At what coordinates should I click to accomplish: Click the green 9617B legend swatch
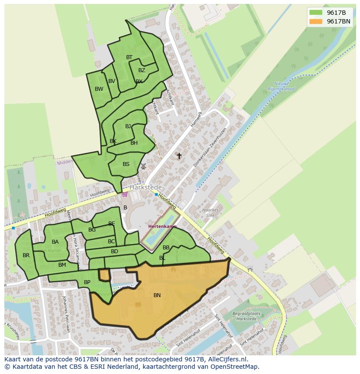coord(316,13)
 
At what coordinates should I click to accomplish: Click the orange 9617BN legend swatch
coord(316,21)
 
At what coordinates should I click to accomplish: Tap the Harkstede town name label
coord(146,187)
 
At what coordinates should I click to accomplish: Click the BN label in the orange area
coord(157,295)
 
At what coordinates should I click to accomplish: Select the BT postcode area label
coord(129,57)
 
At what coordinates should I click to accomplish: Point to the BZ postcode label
coord(142,70)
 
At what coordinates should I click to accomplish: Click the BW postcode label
coord(99,89)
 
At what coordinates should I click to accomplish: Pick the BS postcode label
coord(126,164)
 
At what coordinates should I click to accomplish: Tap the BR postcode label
coord(26,255)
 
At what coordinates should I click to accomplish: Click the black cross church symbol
coord(179,156)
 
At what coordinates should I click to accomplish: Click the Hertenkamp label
coord(162,227)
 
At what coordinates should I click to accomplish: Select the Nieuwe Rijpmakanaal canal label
coord(284,86)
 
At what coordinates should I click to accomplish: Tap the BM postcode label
coord(62,265)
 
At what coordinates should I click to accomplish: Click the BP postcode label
coord(87,282)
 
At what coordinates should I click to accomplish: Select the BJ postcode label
coord(128,126)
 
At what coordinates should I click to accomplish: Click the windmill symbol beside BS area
coord(143,166)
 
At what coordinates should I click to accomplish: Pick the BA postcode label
coord(55,242)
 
